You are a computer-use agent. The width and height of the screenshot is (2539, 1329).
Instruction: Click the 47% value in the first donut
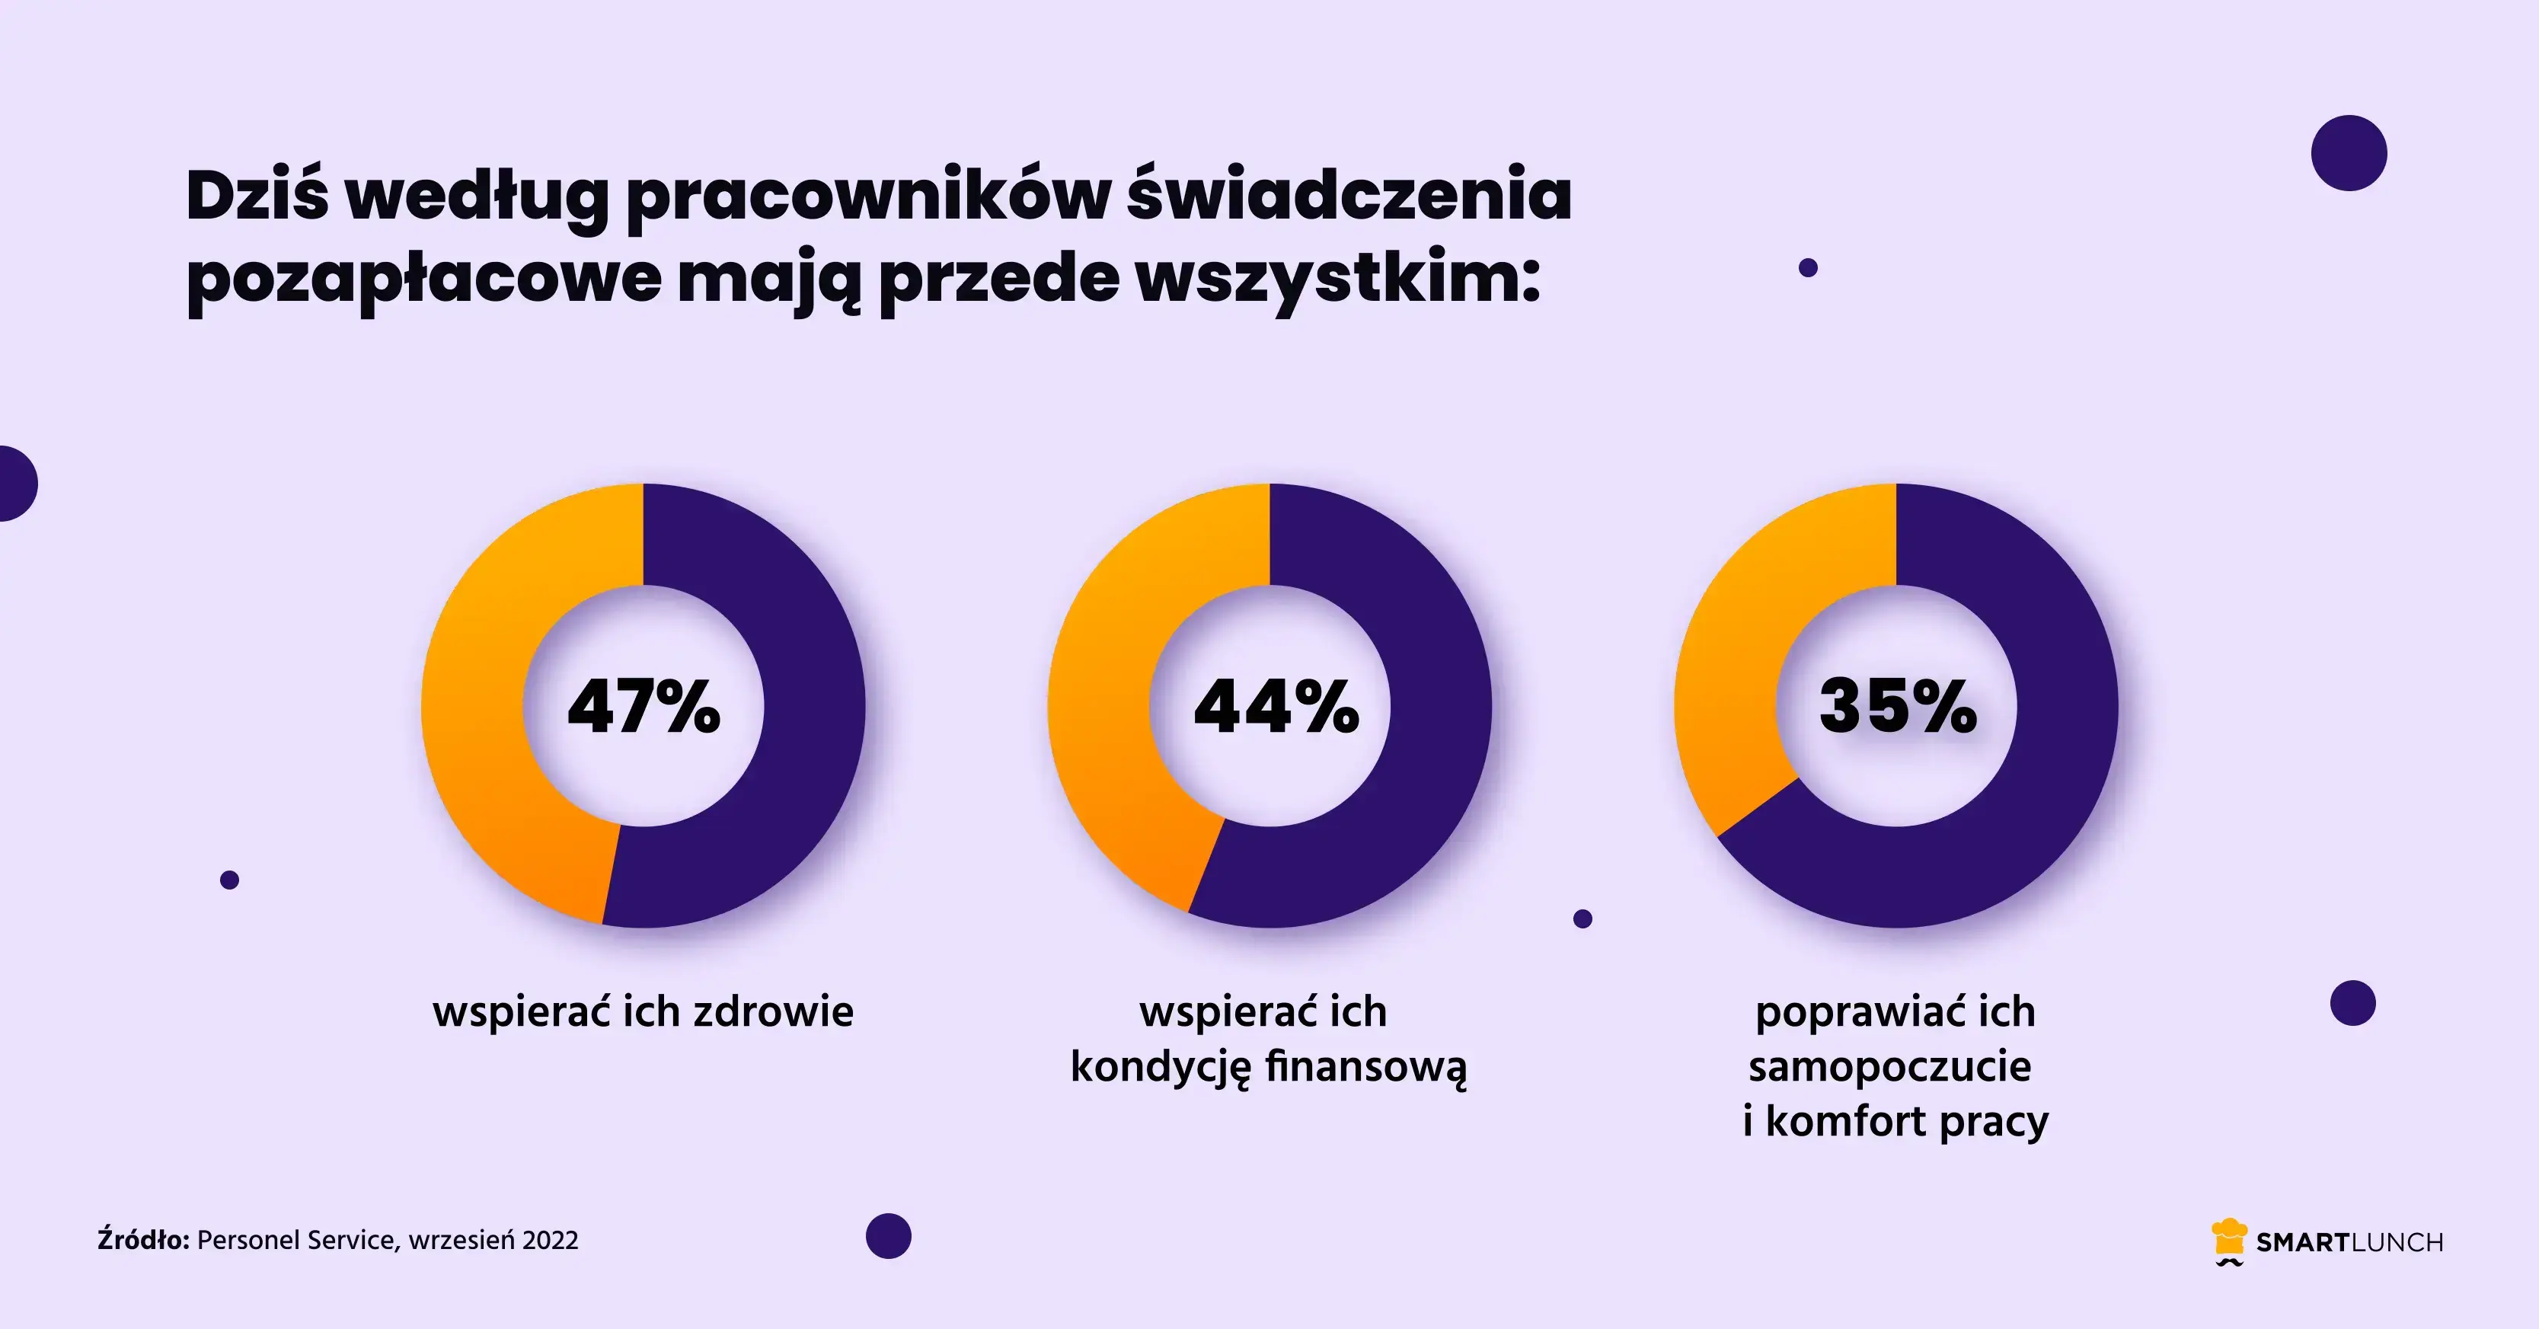click(644, 706)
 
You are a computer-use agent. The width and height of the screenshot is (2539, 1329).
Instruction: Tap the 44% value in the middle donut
click(1276, 706)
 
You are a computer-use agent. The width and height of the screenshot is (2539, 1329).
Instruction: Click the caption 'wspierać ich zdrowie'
click(643, 1012)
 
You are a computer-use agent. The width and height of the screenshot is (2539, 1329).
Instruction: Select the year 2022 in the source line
click(550, 1240)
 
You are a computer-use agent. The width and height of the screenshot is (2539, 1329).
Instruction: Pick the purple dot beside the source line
click(888, 1235)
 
